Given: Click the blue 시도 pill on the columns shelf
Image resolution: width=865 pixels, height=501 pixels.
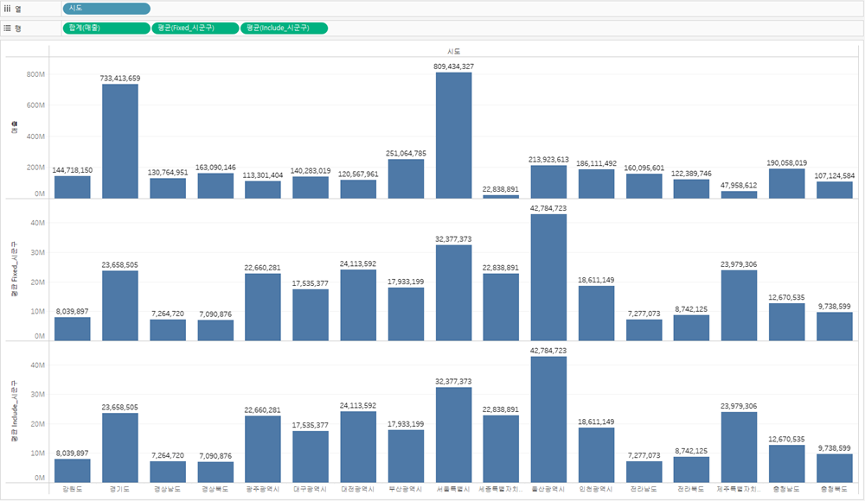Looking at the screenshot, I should [x=106, y=9].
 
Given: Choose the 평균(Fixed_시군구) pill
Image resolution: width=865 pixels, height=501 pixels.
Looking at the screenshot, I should [x=195, y=28].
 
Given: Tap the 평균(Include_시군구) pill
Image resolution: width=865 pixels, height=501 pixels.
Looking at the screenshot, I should [x=285, y=28].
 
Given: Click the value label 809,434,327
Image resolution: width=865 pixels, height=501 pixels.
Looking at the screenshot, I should [x=453, y=67].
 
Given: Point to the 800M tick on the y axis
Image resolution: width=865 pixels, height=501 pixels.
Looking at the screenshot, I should [x=35, y=74].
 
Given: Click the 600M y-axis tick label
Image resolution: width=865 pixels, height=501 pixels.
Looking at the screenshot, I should [x=35, y=105].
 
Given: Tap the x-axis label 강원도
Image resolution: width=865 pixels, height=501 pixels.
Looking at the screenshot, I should [x=73, y=489].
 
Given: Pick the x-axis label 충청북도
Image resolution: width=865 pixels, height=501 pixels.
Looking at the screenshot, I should [x=835, y=489].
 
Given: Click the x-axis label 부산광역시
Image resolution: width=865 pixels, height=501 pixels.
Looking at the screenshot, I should [x=406, y=489].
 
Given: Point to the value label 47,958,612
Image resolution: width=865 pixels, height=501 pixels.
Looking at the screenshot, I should [x=739, y=185].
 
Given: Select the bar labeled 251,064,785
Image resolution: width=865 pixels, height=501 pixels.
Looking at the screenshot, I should [x=406, y=179].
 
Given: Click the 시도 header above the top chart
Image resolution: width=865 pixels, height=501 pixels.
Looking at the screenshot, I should [x=453, y=51].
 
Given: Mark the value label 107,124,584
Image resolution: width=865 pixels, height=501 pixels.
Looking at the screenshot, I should [x=835, y=175].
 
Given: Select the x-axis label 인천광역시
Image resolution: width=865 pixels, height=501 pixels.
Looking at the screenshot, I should [x=596, y=489].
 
